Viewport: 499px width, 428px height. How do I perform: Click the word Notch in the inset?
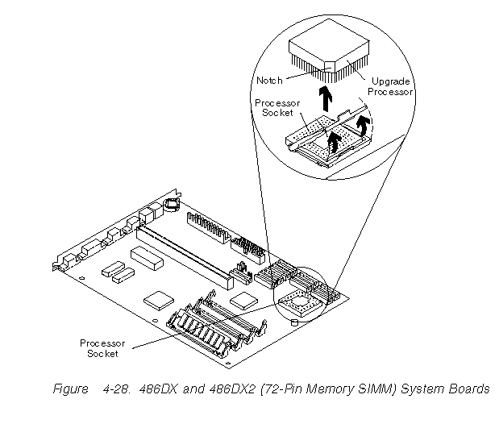(270, 81)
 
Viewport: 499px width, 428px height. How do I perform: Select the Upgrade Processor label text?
(390, 86)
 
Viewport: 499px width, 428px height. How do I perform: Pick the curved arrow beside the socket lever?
(365, 123)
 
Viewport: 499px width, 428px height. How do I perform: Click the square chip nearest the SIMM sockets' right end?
(242, 301)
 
